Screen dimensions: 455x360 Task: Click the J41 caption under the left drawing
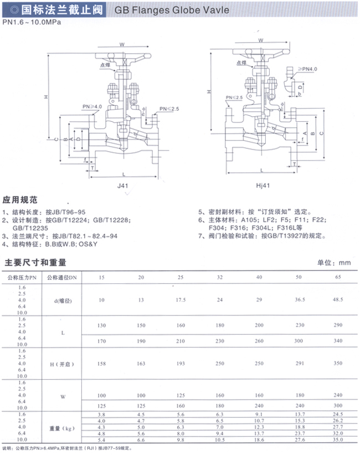[x=123, y=186]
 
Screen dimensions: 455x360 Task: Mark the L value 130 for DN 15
[x=101, y=325]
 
